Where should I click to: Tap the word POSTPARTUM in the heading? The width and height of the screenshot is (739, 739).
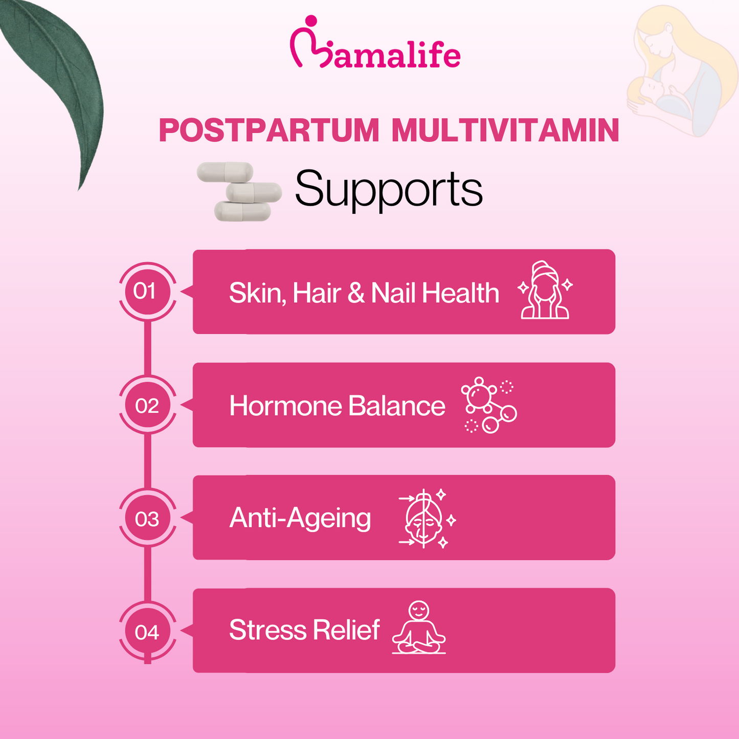coord(268,131)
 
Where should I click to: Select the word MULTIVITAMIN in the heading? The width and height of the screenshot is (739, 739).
coord(505,131)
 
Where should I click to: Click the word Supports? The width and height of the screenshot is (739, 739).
coord(389,189)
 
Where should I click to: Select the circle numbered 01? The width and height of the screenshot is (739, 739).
coord(147,292)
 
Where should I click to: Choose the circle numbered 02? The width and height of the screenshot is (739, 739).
coord(147,406)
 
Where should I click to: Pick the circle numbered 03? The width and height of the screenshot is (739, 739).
coord(147,519)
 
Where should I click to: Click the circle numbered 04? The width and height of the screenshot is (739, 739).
coord(147,633)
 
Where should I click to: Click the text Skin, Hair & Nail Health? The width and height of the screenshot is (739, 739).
coord(364,293)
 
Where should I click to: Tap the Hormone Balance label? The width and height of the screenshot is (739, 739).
coord(337,406)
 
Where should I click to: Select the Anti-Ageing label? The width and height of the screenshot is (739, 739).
coord(300,518)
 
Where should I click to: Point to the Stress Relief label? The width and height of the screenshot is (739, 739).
coord(304,630)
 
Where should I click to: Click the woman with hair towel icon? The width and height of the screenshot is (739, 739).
coord(545,290)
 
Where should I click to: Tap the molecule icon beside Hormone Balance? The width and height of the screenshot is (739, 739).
coord(488,405)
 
